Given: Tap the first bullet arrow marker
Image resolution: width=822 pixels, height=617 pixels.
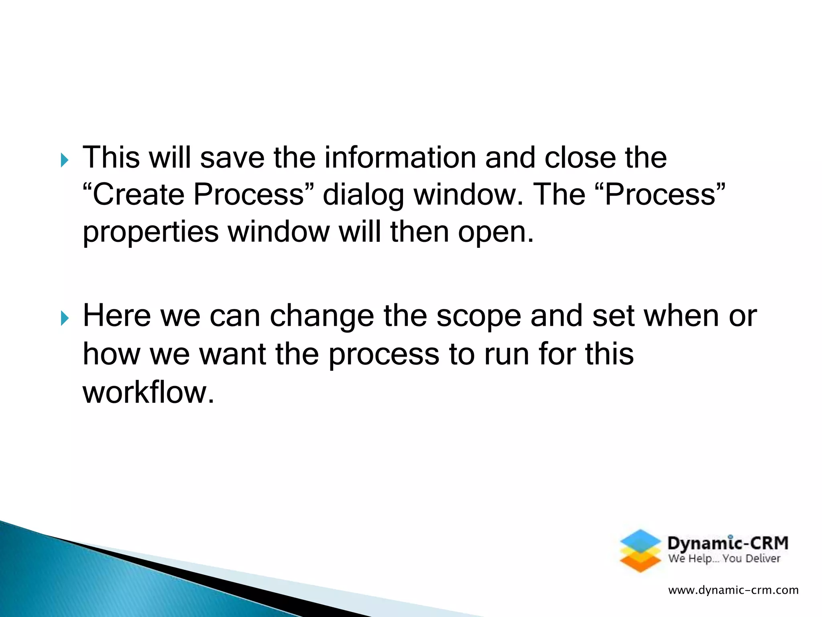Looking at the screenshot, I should (x=64, y=161).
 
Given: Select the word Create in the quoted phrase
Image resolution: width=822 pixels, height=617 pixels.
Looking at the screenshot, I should (x=137, y=194).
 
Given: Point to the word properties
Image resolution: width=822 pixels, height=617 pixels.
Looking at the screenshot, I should (x=151, y=233).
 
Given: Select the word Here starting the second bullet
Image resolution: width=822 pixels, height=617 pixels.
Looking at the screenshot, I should (x=116, y=316).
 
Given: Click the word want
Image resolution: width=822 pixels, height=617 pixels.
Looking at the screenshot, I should (x=232, y=354).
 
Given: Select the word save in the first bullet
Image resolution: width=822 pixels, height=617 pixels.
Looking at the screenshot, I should (x=232, y=157).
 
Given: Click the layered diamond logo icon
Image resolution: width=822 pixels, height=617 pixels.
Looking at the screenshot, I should (x=640, y=551).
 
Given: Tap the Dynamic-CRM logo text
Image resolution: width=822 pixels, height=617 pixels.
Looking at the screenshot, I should (x=727, y=543).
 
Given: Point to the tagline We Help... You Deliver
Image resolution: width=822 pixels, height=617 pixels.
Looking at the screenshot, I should (x=724, y=559).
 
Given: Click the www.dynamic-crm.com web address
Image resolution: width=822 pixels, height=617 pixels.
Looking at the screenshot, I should (x=733, y=590).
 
